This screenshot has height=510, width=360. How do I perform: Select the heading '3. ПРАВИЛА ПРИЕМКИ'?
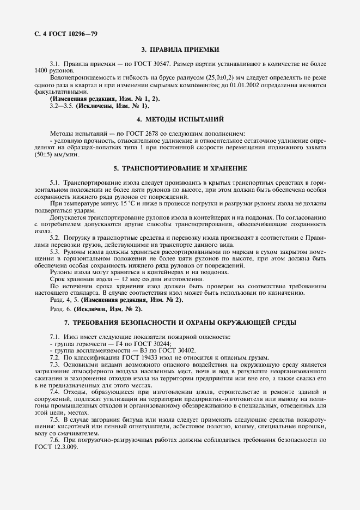click(x=180, y=49)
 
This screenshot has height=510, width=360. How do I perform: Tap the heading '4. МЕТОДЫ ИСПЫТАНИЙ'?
click(x=180, y=119)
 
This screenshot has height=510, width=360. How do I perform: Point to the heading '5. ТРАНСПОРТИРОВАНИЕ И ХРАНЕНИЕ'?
click(x=180, y=168)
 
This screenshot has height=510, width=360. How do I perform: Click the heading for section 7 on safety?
click(x=180, y=323)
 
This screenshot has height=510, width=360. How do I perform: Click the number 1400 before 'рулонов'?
click(x=41, y=71)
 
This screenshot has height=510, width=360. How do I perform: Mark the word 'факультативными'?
click(x=58, y=92)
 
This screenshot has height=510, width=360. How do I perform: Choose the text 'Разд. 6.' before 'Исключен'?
click(x=59, y=309)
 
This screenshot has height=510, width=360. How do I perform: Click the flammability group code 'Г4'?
click(x=101, y=344)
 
